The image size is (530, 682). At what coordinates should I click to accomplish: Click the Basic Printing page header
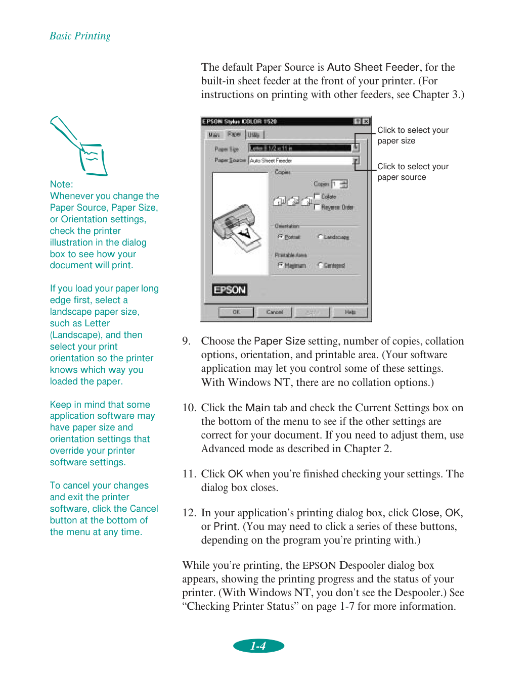(80, 36)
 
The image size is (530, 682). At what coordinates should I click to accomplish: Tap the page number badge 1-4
(258, 646)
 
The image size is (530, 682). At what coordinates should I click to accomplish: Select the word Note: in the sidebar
(61, 184)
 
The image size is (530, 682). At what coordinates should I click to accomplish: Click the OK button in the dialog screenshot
(236, 312)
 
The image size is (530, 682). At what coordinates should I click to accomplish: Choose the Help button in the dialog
(350, 312)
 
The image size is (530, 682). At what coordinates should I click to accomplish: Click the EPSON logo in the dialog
(230, 290)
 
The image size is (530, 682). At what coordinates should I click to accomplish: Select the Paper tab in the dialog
(234, 134)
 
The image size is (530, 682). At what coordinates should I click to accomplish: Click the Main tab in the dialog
(214, 135)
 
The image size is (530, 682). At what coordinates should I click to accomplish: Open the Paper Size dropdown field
(303, 148)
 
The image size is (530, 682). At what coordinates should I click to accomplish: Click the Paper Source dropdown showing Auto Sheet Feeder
(303, 161)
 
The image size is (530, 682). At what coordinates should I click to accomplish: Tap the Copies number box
(335, 184)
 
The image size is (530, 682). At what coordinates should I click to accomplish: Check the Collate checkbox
(317, 197)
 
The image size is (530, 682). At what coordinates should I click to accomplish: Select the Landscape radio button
(320, 237)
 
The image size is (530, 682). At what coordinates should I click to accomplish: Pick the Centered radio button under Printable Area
(320, 266)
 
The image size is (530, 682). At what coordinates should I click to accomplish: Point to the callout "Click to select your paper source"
(413, 172)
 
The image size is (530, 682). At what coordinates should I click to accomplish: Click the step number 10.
(189, 408)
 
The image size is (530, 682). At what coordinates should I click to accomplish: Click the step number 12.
(189, 513)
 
